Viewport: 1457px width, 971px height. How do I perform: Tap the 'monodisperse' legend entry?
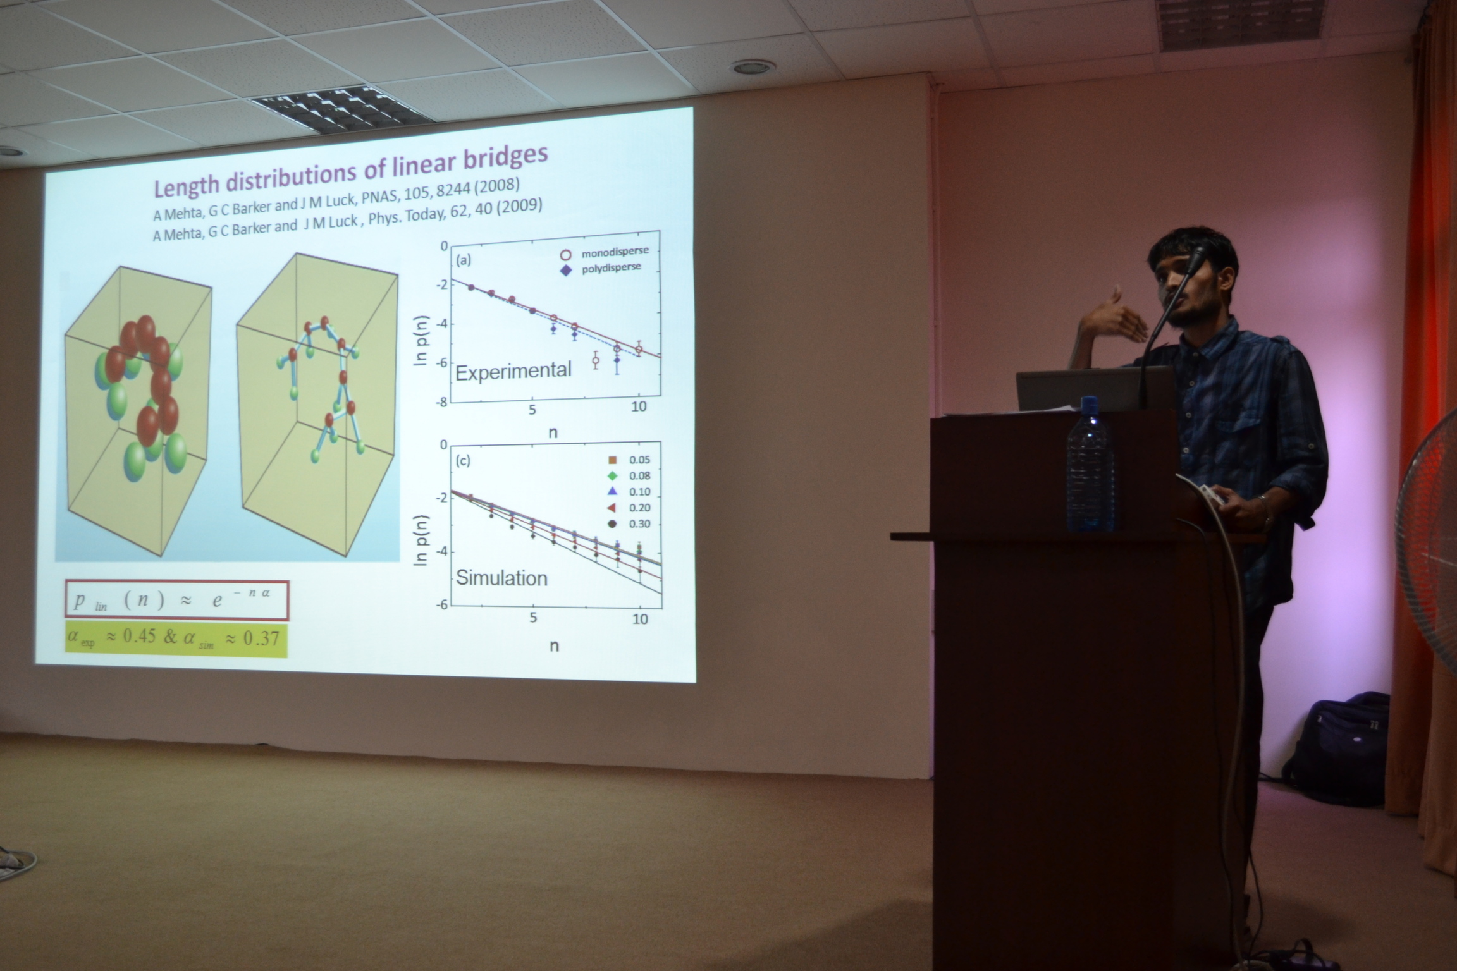click(x=605, y=253)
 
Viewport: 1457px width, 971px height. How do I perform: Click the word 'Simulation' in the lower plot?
click(x=501, y=578)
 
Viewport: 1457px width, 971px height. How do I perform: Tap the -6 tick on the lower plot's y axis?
click(x=441, y=605)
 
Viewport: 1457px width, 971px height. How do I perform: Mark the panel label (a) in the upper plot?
click(x=464, y=260)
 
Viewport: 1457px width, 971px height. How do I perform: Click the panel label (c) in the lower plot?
click(x=463, y=460)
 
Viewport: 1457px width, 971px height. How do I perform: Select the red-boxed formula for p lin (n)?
click(x=177, y=599)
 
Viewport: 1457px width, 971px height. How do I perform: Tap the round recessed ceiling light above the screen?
click(x=752, y=66)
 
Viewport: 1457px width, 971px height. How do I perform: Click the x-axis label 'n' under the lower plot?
click(x=555, y=646)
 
